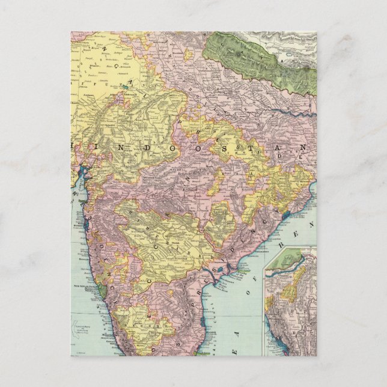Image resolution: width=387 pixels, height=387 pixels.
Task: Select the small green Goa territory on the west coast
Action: click(x=103, y=290)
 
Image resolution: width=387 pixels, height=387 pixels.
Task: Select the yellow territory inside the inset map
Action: click(x=291, y=293)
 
